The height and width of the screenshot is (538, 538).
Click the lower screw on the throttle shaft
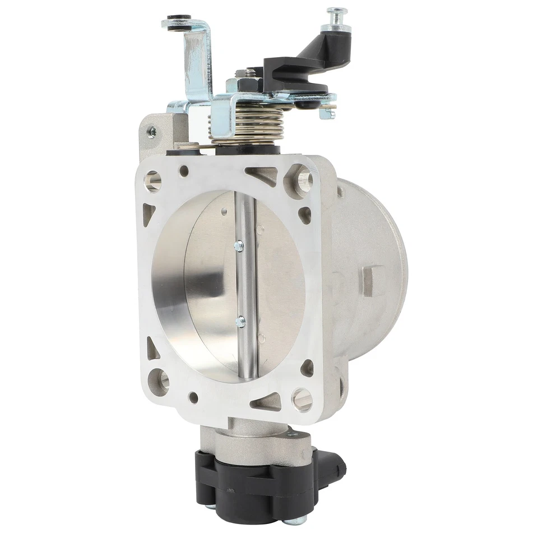click(x=240, y=322)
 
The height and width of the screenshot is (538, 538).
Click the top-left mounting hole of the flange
click(x=152, y=180)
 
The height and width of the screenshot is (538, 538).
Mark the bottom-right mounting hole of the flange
click(x=302, y=398)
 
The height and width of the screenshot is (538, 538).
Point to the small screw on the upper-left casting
click(x=151, y=131)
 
